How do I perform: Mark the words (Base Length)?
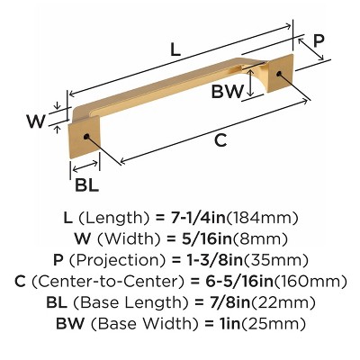(126, 302)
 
